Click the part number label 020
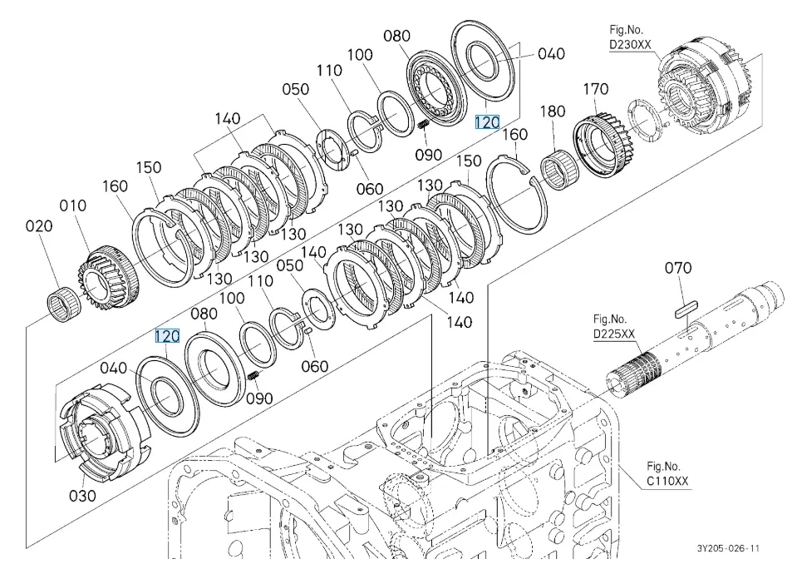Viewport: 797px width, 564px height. (x=38, y=225)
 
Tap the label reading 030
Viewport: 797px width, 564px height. (x=82, y=496)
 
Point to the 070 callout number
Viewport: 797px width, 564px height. (x=678, y=268)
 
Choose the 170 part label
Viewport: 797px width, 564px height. (x=595, y=89)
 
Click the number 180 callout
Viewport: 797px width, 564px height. (x=553, y=111)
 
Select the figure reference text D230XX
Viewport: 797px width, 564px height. (x=630, y=45)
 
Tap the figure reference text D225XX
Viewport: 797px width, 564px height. (x=613, y=334)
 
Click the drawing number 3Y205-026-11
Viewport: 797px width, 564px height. (x=729, y=548)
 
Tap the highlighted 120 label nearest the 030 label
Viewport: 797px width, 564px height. (x=167, y=336)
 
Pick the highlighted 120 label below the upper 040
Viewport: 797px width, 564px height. (x=487, y=122)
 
